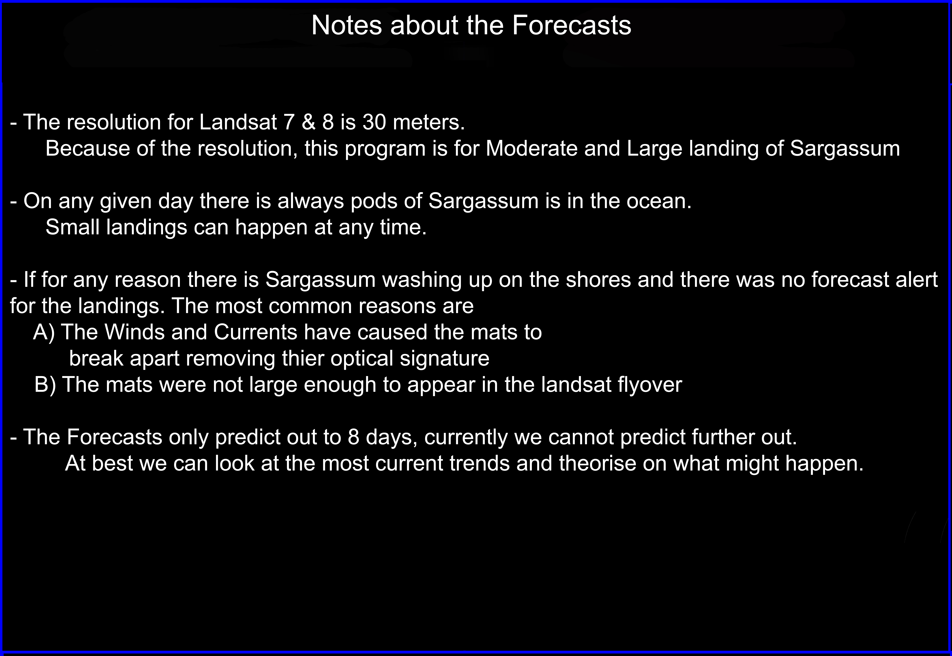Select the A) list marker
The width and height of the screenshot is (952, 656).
coord(44,332)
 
